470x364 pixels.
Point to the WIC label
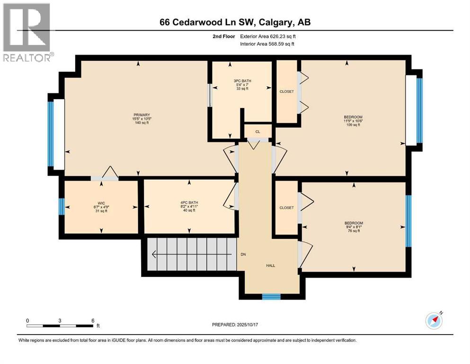101,206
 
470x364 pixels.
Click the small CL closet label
258,132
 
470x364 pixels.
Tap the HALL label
270,265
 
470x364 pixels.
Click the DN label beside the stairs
243,255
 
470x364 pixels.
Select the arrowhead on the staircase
154,255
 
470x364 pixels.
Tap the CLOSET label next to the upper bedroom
286,91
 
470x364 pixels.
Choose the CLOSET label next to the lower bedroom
286,208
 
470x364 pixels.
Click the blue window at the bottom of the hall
271,297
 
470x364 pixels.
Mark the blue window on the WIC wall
61,207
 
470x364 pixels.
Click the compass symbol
434,321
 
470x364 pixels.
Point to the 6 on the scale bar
92,320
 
